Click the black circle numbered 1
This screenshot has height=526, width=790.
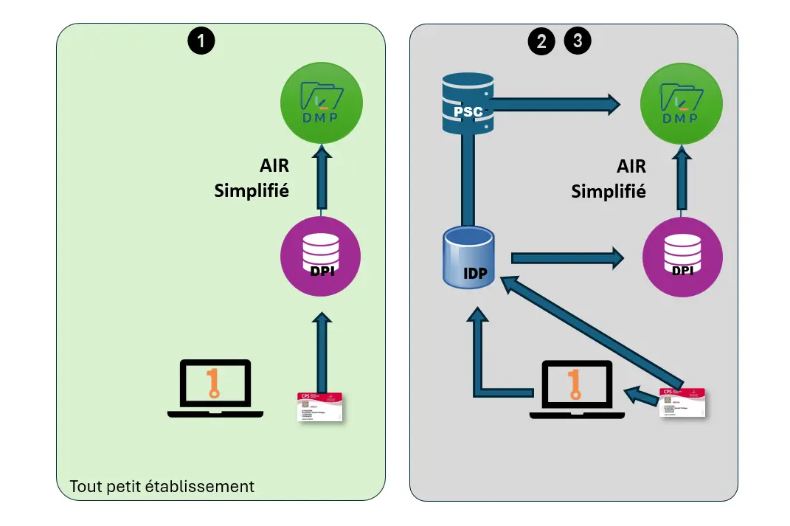[x=201, y=41]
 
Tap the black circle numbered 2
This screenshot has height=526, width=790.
[x=541, y=41]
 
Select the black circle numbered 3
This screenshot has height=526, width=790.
[x=578, y=41]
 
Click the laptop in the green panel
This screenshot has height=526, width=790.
[x=215, y=390]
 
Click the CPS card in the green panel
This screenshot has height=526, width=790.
[x=321, y=406]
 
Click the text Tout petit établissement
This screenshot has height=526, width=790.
[x=162, y=487]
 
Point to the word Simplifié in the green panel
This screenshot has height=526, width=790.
[x=251, y=190]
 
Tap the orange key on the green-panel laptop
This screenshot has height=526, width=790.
[x=214, y=383]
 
